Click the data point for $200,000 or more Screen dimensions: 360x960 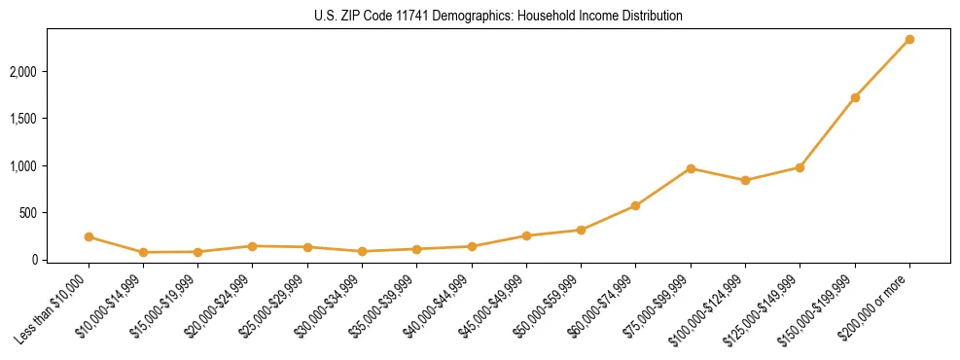(909, 39)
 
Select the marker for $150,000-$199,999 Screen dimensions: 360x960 (855, 97)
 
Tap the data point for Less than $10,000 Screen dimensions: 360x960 (89, 236)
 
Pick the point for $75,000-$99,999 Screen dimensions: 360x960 (691, 168)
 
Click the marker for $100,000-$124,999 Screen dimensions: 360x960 (745, 180)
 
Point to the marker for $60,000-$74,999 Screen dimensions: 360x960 (635, 205)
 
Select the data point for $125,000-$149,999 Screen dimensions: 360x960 (800, 167)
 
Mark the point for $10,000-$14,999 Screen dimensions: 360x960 (143, 252)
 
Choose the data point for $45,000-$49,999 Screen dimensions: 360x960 (526, 235)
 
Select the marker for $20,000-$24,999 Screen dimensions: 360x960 (197, 246)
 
